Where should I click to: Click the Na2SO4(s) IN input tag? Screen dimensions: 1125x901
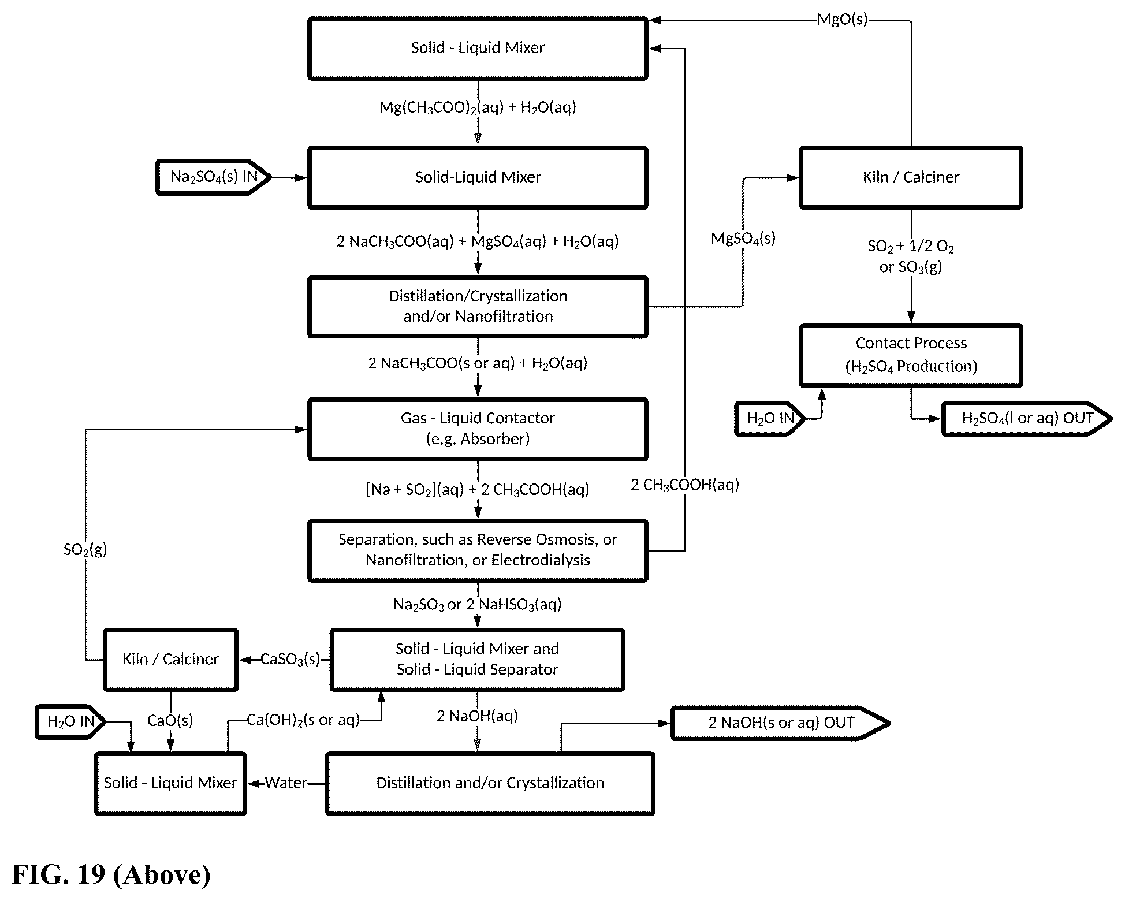[214, 177]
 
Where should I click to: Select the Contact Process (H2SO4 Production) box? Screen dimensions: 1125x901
[911, 355]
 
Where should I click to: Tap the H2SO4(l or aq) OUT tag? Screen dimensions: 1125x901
[1027, 418]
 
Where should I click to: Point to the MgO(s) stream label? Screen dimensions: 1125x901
[842, 20]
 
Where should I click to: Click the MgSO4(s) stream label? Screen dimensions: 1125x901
[743, 239]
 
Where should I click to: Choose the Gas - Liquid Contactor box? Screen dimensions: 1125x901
[478, 429]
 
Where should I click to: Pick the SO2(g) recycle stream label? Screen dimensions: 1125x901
[85, 549]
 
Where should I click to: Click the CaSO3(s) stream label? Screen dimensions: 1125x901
[290, 660]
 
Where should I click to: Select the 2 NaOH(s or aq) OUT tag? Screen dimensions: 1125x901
[780, 723]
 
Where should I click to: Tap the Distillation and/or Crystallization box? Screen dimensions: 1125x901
[490, 783]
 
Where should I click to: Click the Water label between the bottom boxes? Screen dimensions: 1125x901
[286, 783]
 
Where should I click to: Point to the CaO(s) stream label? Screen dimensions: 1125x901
[170, 721]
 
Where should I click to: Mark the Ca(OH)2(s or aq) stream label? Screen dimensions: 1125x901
[303, 720]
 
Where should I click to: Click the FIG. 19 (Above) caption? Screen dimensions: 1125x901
[111, 874]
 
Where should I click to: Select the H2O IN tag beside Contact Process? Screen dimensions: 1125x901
[770, 418]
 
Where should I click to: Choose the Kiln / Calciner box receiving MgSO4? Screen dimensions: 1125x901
[911, 177]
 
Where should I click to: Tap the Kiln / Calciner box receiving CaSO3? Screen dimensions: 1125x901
[170, 660]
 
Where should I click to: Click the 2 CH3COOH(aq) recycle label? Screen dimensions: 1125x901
[685, 485]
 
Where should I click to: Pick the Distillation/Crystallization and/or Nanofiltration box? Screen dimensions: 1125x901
[478, 306]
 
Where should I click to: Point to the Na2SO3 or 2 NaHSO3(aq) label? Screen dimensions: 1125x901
[477, 605]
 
